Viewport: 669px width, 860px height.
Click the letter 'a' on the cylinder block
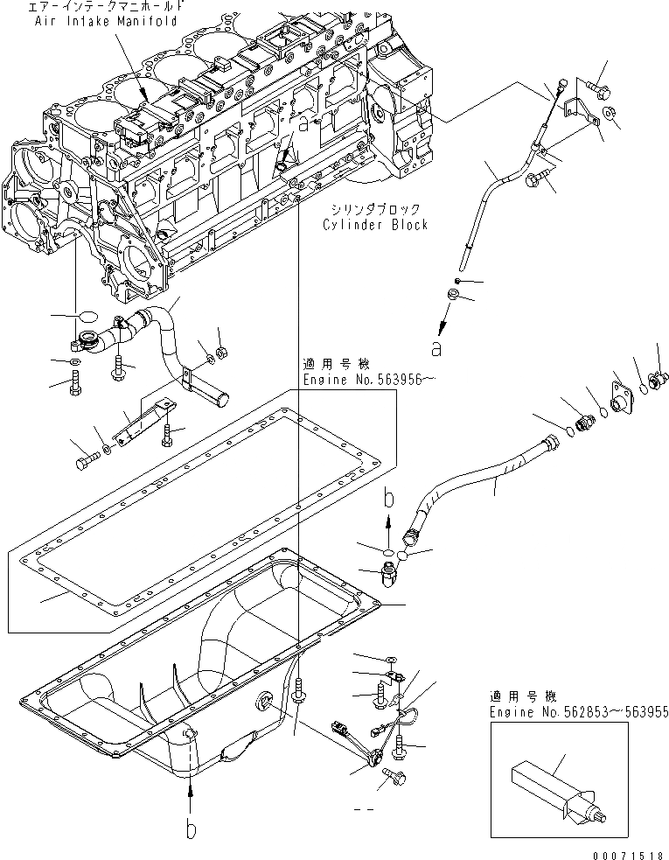pyautogui.click(x=303, y=125)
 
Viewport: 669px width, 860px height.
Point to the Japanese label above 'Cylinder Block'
pyautogui.click(x=376, y=208)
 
